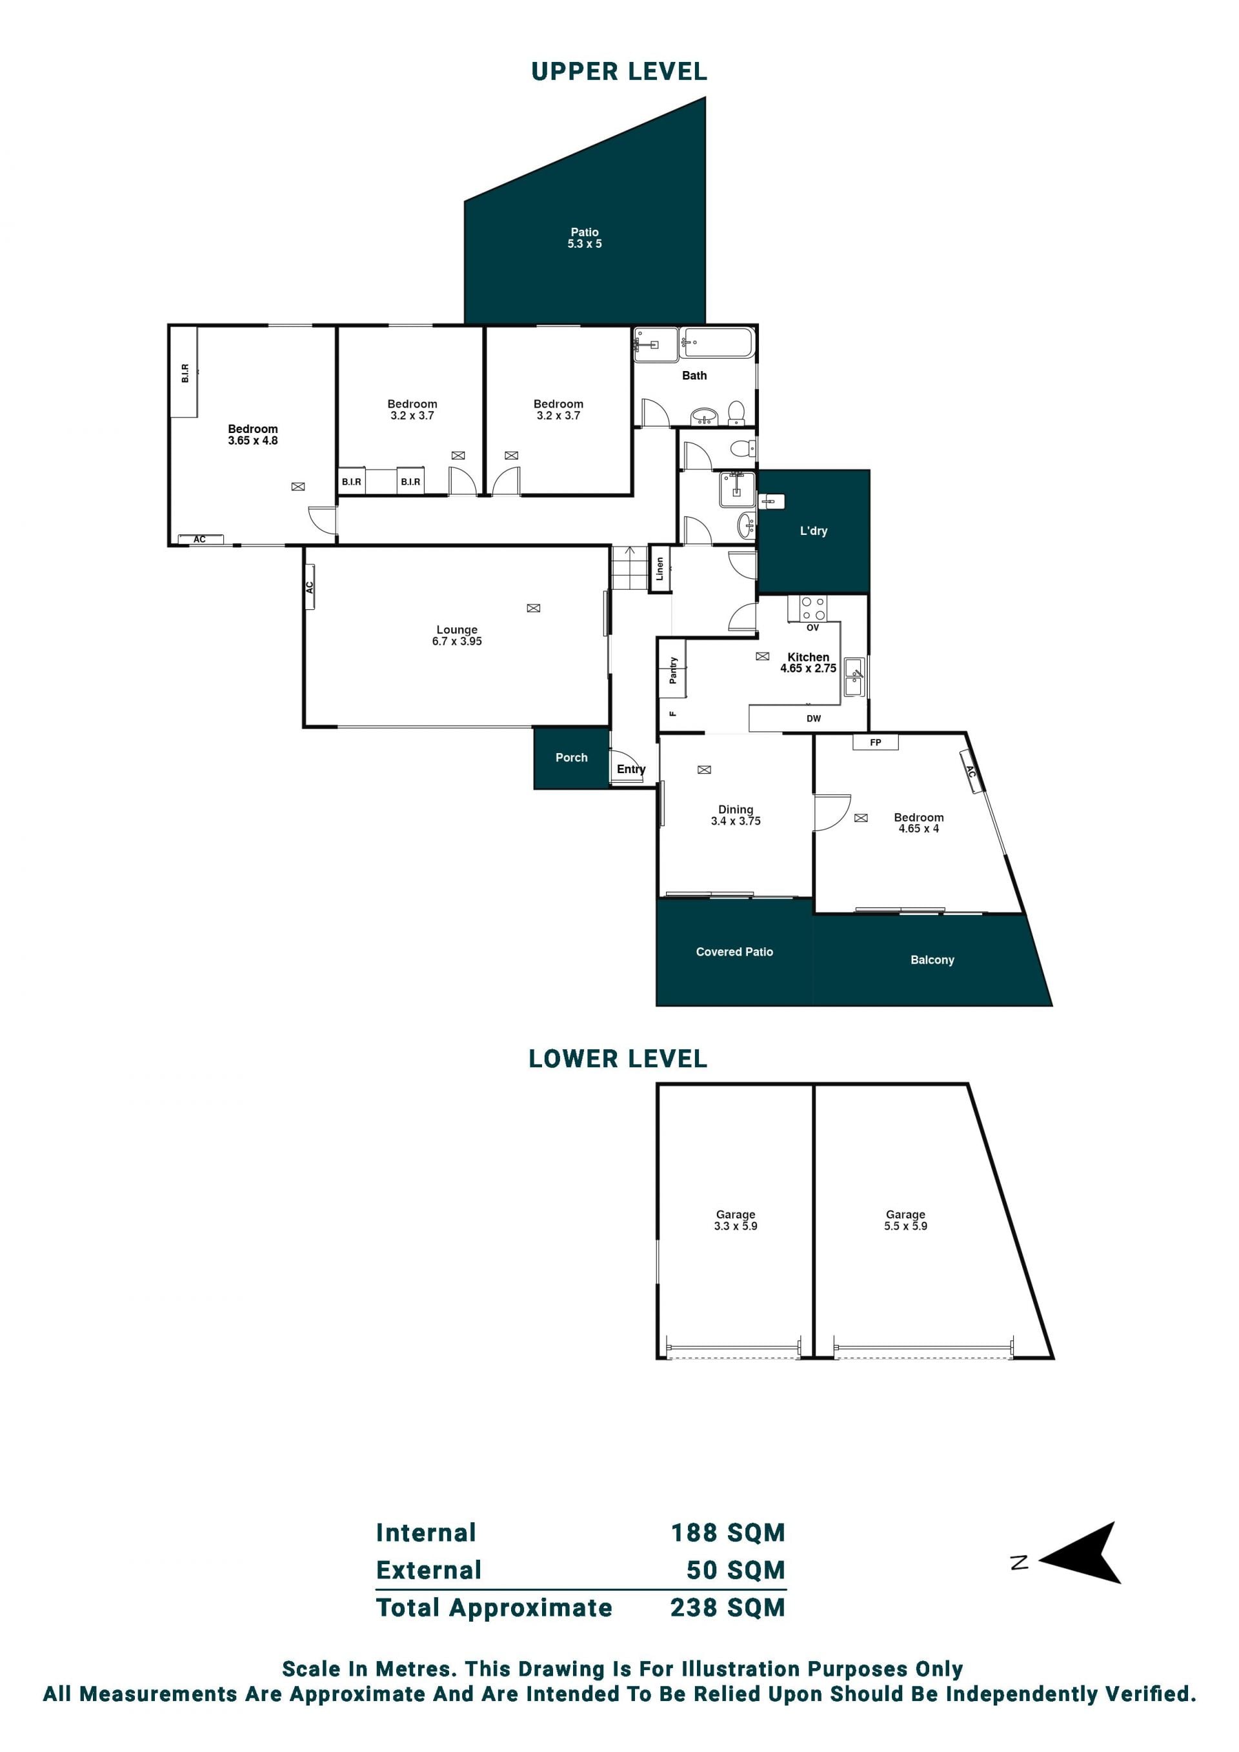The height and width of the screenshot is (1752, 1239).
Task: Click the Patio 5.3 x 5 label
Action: coord(585,237)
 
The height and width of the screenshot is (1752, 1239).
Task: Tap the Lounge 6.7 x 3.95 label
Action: coord(457,635)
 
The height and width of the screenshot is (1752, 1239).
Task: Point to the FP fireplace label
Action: coord(875,741)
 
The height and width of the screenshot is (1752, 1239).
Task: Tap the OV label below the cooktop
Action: coord(812,627)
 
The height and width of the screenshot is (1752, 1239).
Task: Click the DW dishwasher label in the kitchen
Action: coord(813,718)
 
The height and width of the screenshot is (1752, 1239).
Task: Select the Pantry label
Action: coord(673,670)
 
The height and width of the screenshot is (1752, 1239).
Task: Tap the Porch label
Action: coord(572,757)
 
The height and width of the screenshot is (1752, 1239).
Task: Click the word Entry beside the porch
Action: coord(631,769)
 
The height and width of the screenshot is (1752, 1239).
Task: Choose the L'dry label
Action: coord(813,530)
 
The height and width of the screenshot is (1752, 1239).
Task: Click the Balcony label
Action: coord(932,959)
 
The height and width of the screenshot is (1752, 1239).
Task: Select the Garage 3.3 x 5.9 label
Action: coord(736,1220)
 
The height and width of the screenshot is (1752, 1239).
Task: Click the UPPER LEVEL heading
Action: coord(619,71)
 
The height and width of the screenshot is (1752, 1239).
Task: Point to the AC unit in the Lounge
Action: coord(310,587)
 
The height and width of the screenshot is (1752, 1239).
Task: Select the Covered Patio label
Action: coord(734,952)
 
